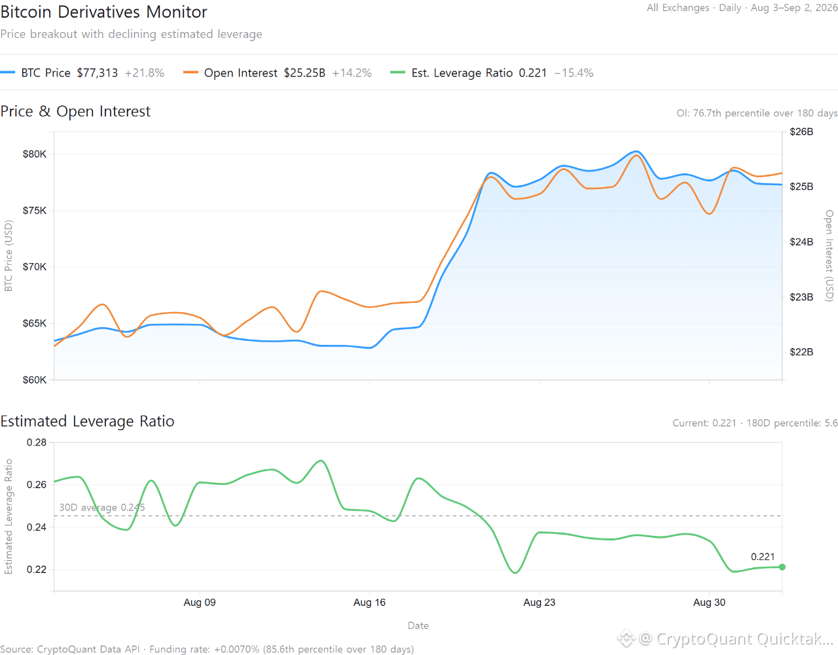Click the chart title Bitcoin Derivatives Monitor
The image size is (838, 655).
click(x=103, y=12)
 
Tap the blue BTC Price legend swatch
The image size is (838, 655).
click(x=8, y=73)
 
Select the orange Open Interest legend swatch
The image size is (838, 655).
click(x=191, y=73)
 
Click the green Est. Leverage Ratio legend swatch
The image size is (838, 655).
click(x=397, y=73)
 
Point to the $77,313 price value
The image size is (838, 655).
click(x=97, y=73)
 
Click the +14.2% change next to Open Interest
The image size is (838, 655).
click(x=352, y=73)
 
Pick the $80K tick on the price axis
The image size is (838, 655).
click(x=34, y=154)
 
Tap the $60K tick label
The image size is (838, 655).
click(x=34, y=380)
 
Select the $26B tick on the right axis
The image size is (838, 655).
click(x=801, y=132)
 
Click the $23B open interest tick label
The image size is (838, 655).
click(x=801, y=297)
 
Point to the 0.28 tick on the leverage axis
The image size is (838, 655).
click(x=37, y=442)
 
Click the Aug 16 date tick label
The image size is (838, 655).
click(x=369, y=602)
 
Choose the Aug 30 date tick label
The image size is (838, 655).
click(x=709, y=602)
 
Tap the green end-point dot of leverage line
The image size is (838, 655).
click(x=782, y=567)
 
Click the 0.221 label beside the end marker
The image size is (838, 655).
click(x=763, y=557)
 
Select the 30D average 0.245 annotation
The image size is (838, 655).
click(x=102, y=507)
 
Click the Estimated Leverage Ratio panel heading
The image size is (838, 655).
click(x=87, y=421)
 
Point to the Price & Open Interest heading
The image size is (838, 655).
click(x=75, y=111)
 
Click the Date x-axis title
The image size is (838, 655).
click(x=418, y=626)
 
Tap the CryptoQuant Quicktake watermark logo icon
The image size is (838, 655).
click(x=627, y=639)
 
